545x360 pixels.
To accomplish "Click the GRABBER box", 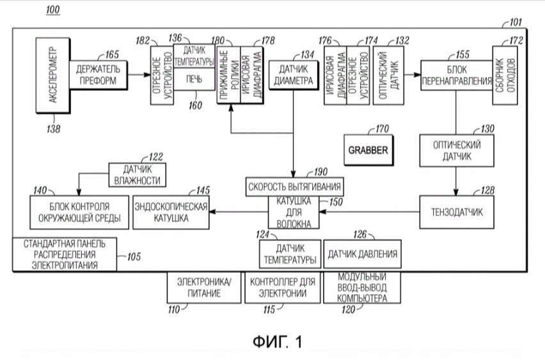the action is pyautogui.click(x=368, y=150).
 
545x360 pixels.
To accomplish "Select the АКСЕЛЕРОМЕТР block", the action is pyautogui.click(x=53, y=75).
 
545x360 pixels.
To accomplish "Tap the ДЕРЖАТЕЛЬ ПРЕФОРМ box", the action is pyautogui.click(x=98, y=75).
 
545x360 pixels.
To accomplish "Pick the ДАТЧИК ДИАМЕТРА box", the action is pyautogui.click(x=294, y=75).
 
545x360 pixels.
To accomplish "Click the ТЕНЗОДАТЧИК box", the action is pyautogui.click(x=457, y=212).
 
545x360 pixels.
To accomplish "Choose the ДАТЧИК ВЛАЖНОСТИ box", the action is pyautogui.click(x=138, y=175).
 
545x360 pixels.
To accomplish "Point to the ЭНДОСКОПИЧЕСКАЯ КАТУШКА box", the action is pyautogui.click(x=171, y=212).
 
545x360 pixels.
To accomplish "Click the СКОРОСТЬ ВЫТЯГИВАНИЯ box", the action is pyautogui.click(x=294, y=187).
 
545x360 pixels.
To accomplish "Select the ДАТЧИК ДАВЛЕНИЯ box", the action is pyautogui.click(x=362, y=254).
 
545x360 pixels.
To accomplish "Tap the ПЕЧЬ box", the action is pyautogui.click(x=194, y=79).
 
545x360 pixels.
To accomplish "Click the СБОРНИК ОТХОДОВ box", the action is pyautogui.click(x=505, y=75).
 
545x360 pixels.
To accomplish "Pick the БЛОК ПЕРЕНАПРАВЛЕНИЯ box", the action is pyautogui.click(x=457, y=75).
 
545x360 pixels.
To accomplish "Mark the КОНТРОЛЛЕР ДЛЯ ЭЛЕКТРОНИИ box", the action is pyautogui.click(x=283, y=287).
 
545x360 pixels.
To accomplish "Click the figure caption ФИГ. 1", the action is pyautogui.click(x=278, y=341).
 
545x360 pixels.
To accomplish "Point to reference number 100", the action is pyautogui.click(x=53, y=10).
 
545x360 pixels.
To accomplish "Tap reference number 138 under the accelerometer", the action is pyautogui.click(x=53, y=129).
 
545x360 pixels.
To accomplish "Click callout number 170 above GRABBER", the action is pyautogui.click(x=382, y=129).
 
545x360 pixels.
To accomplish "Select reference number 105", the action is pyautogui.click(x=134, y=257).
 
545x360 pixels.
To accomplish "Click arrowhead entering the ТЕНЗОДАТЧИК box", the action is pyautogui.click(x=456, y=192).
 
